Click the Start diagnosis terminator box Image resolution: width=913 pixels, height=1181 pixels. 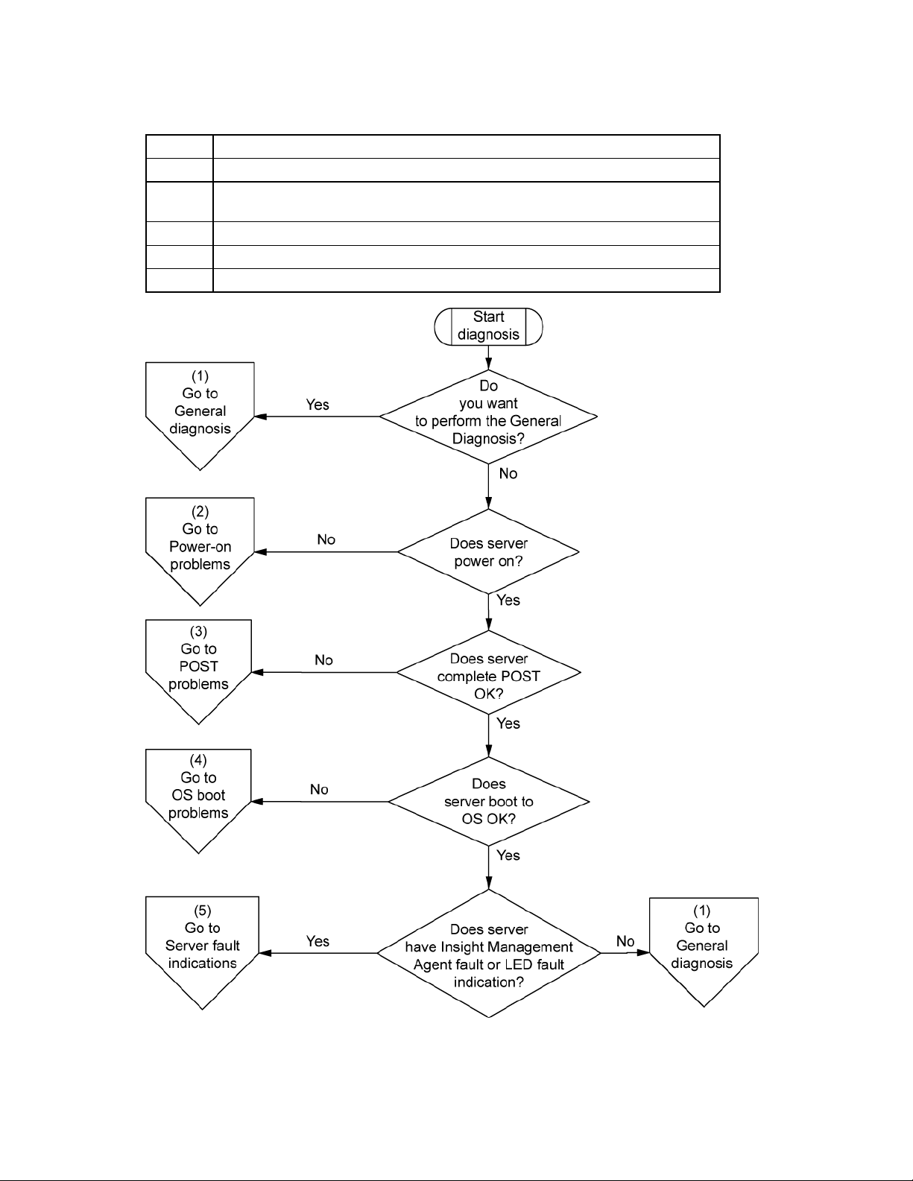488,326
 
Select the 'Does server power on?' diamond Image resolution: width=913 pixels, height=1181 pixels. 488,551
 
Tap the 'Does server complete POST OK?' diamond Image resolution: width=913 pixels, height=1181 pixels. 488,672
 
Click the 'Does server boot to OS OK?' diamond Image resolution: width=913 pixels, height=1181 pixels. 488,801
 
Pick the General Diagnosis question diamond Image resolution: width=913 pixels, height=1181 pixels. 488,417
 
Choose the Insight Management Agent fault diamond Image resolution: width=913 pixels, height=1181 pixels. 489,953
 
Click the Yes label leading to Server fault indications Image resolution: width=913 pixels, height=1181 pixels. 318,941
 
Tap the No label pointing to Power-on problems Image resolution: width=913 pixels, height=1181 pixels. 326,539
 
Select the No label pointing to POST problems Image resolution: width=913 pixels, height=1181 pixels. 323,660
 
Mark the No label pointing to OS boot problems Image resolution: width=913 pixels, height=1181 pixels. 319,790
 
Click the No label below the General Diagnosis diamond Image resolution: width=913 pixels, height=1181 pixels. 508,474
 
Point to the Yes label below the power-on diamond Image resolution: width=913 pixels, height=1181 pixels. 508,601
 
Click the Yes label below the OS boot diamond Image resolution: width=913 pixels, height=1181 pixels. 508,855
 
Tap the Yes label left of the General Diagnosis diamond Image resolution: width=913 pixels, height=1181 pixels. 318,405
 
